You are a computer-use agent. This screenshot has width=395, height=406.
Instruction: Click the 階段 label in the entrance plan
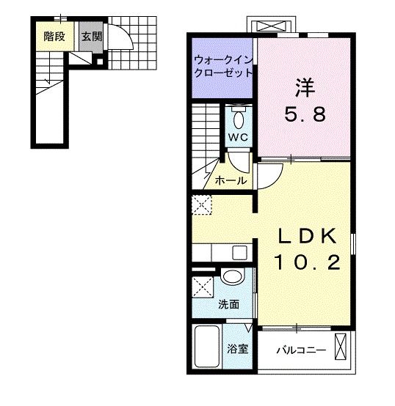(x=53, y=36)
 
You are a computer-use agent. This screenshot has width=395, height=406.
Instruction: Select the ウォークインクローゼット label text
(x=223, y=67)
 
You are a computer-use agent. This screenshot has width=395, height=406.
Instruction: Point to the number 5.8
(x=305, y=115)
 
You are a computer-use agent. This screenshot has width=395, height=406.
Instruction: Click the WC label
(x=238, y=138)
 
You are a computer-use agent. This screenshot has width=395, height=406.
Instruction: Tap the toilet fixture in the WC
(x=239, y=119)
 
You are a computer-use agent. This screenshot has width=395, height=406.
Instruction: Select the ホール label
(x=231, y=180)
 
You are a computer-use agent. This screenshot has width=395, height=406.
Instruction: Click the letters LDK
(x=308, y=237)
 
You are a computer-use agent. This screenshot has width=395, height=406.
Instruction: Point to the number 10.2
(x=308, y=262)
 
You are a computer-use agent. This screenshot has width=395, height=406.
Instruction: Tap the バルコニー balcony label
(x=300, y=350)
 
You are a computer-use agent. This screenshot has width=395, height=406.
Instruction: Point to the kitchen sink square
(x=239, y=253)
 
